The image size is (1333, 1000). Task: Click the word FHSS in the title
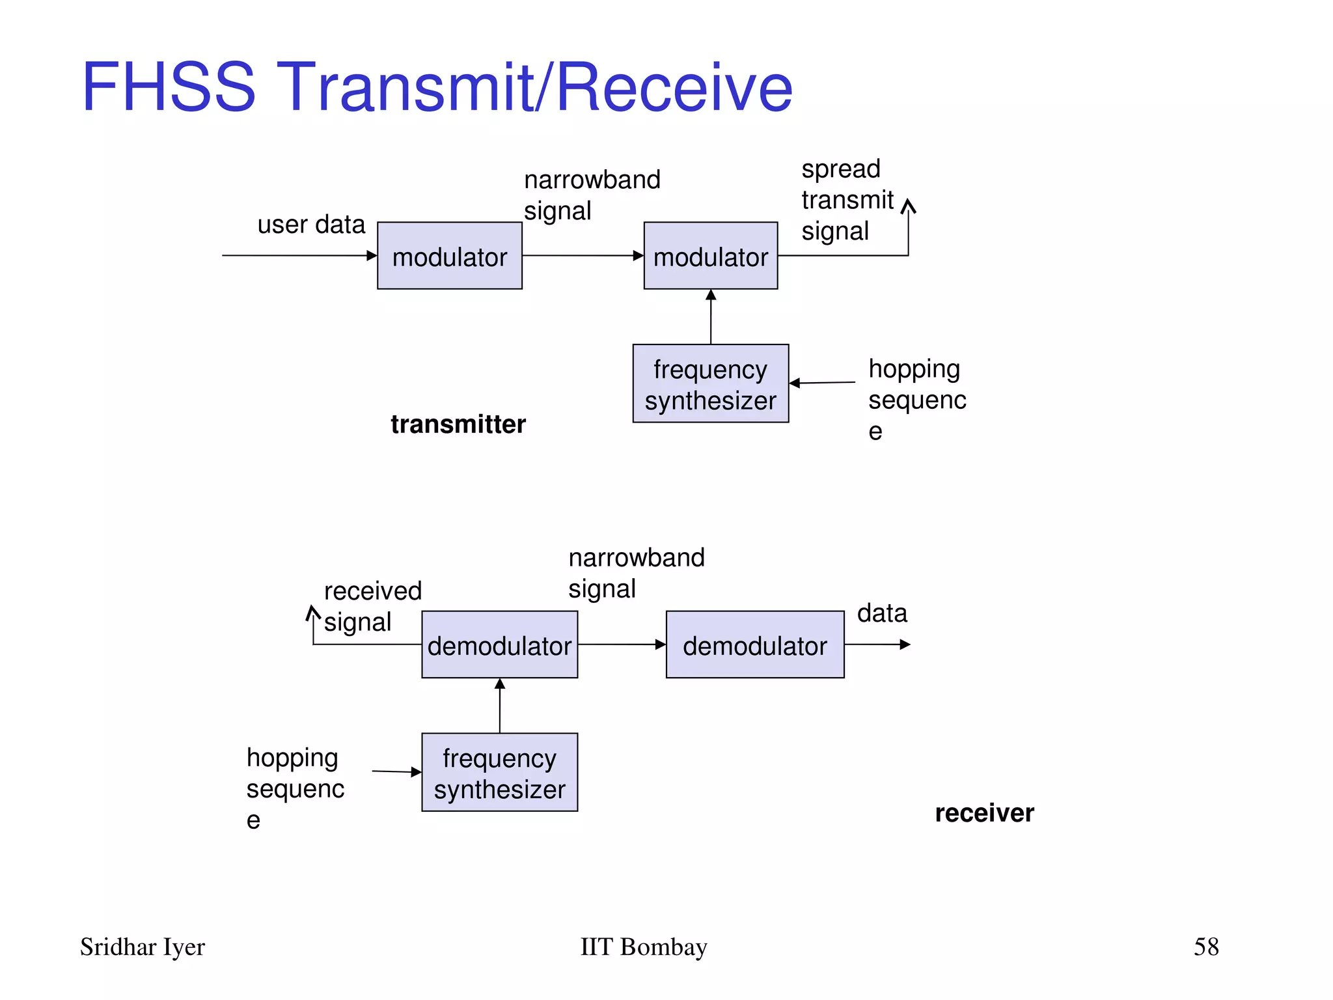point(169,87)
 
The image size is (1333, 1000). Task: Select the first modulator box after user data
point(449,256)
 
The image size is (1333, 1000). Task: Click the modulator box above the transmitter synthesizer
point(710,256)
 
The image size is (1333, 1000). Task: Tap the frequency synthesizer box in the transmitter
point(710,383)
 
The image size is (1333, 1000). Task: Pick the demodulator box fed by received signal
point(499,645)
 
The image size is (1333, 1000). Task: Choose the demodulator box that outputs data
point(754,645)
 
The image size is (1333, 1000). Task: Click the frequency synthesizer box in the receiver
point(499,772)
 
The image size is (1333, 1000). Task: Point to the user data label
point(311,225)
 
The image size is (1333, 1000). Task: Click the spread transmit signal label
point(846,200)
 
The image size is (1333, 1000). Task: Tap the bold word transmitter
point(458,424)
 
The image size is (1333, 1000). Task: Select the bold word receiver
point(984,813)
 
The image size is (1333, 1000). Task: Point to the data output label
point(881,613)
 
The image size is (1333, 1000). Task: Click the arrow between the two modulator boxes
point(583,256)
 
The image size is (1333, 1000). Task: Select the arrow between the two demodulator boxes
point(622,645)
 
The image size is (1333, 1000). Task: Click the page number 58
point(1205,947)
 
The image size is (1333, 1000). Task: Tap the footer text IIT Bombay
point(643,947)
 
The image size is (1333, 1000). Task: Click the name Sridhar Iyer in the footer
point(142,947)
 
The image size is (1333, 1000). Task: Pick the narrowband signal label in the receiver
point(635,573)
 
